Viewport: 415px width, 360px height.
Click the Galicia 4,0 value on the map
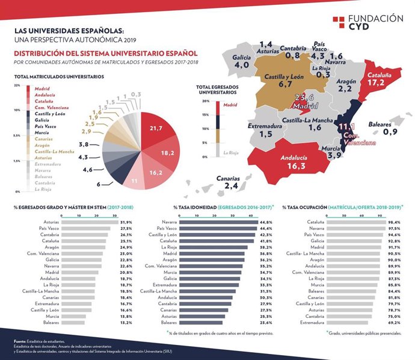click(241, 65)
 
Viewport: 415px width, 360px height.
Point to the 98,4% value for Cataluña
click(394, 222)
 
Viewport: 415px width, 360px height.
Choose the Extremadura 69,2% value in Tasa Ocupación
click(394, 323)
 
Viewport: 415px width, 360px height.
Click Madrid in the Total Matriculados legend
click(43, 88)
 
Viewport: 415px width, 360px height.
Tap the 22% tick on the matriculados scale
click(16, 85)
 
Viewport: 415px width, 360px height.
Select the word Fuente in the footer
click(21, 341)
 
